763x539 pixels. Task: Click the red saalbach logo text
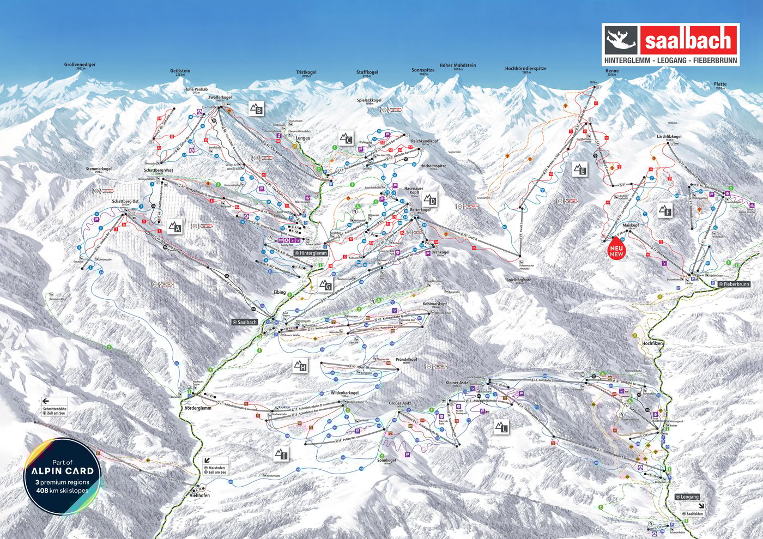tap(688, 40)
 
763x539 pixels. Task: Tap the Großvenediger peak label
tap(80, 65)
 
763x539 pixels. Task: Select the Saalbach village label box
tap(245, 322)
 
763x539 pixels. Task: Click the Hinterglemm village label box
tap(311, 253)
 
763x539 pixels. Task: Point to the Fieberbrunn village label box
tap(734, 284)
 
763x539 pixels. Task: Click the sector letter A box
tap(174, 227)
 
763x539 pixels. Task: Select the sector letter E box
tap(580, 169)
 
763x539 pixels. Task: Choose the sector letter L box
tap(501, 427)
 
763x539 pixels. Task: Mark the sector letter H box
tap(300, 366)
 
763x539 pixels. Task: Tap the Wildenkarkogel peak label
tap(344, 393)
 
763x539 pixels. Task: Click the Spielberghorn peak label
tap(518, 280)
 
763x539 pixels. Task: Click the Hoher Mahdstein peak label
tap(458, 65)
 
